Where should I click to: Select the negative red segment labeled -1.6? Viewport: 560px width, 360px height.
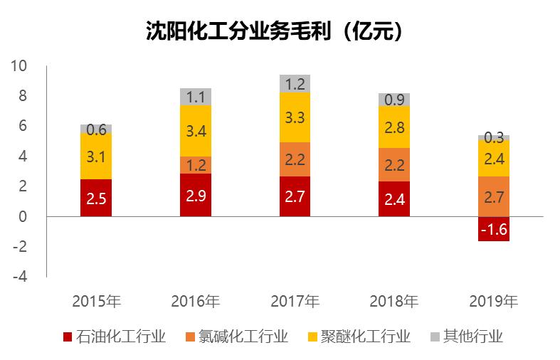493,229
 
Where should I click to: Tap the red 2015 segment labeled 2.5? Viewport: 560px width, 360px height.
96,198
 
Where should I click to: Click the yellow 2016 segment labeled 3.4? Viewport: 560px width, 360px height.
195,131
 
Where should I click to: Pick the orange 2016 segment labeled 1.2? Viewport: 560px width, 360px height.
195,165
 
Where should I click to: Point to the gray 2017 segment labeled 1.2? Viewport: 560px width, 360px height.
295,84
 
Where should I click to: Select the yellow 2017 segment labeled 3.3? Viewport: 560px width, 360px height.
295,118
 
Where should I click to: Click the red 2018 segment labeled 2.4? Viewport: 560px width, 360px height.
393,199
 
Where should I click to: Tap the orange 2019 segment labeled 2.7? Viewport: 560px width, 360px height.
493,196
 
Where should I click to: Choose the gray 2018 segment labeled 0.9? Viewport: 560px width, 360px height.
393,100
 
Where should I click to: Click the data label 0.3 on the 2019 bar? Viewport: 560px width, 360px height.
493,137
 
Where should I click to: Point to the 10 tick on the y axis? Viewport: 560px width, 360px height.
19,66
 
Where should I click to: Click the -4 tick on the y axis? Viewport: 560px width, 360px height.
19,277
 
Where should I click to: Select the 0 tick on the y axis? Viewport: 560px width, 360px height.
22,216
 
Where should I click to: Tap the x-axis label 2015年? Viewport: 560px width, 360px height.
96,301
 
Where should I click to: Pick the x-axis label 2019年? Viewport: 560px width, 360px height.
493,301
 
